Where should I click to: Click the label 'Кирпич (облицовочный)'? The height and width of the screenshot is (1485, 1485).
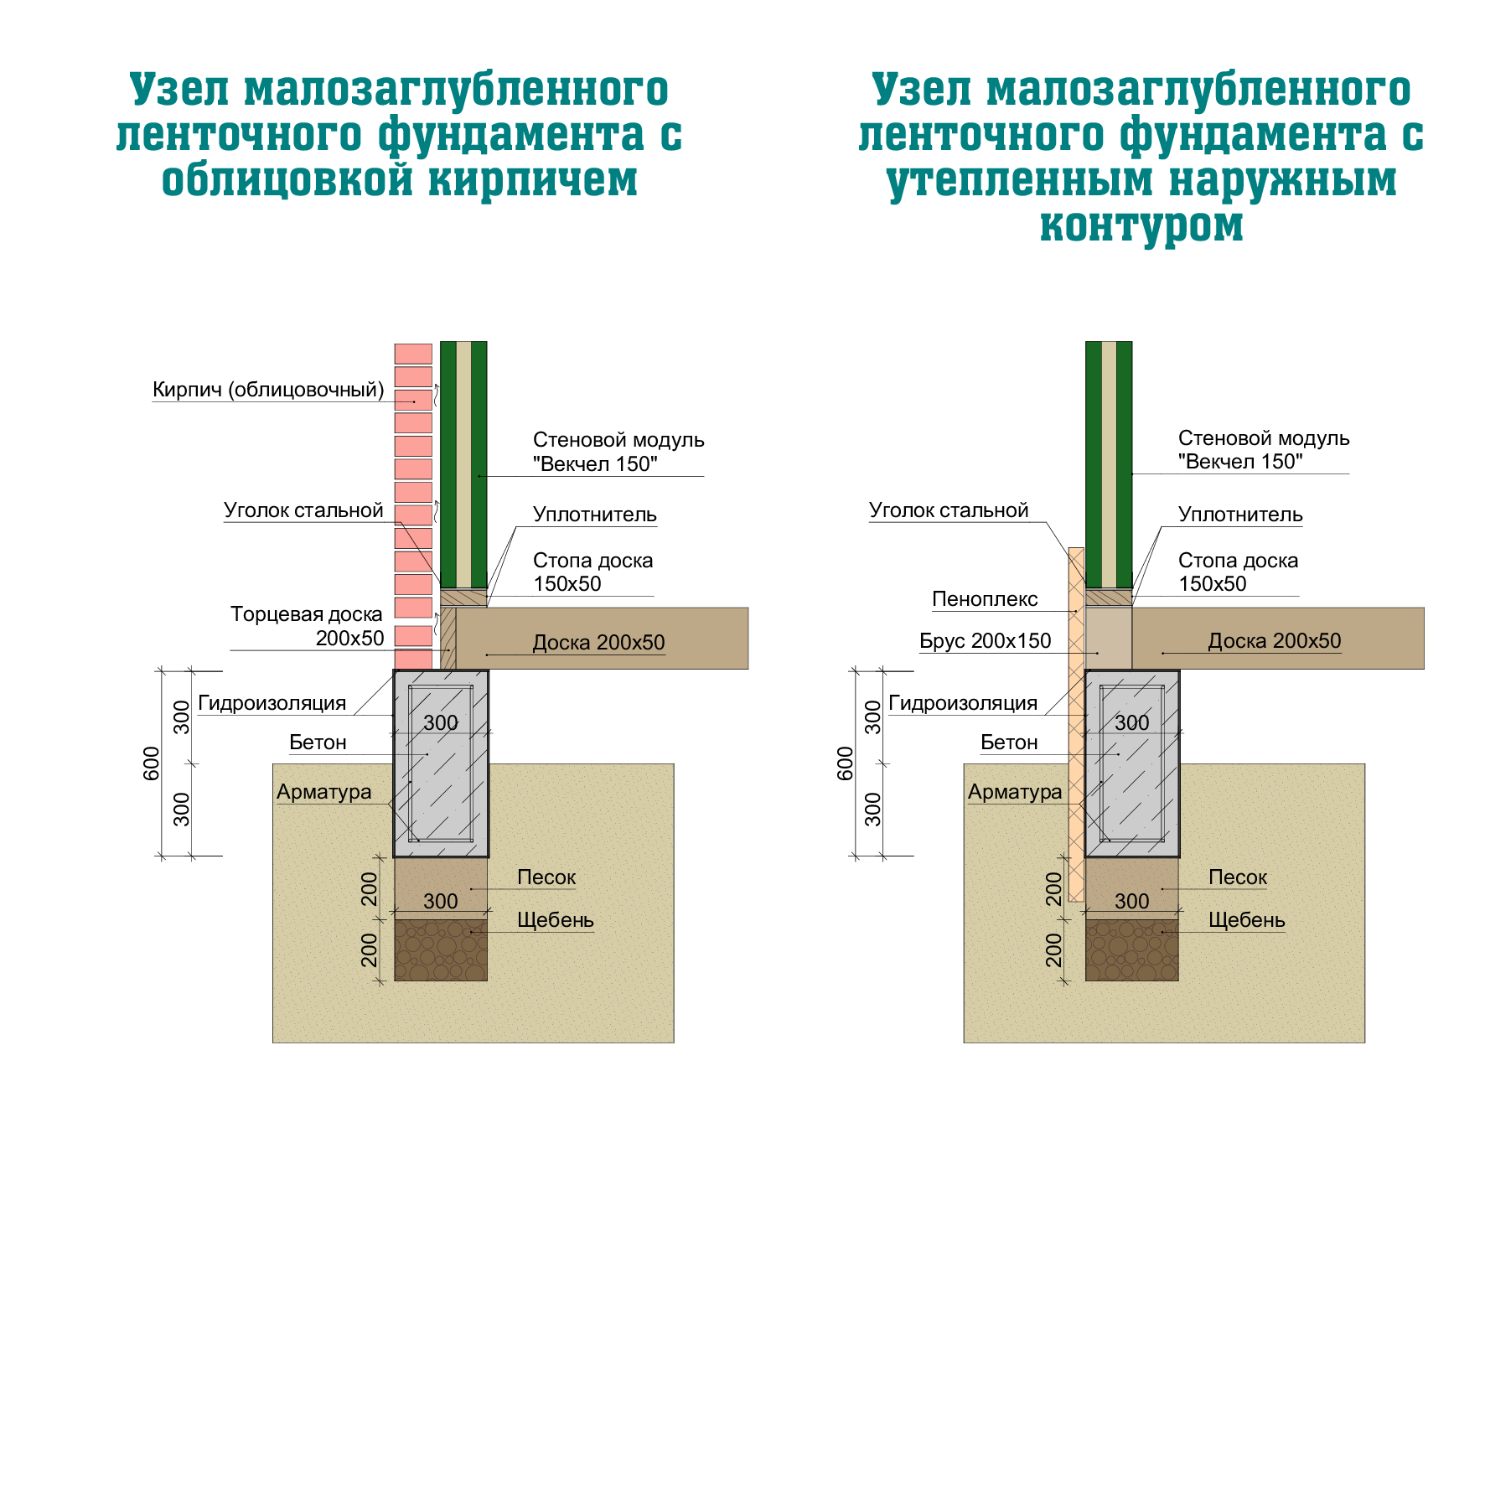point(268,390)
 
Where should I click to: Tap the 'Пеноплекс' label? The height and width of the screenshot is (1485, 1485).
point(985,599)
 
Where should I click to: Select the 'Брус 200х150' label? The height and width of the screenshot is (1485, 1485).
point(985,641)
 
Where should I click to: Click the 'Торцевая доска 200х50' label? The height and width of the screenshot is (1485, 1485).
point(307,626)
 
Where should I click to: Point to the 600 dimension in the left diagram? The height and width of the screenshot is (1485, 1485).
point(152,763)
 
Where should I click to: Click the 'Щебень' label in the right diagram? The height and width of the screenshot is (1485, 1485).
point(1246,920)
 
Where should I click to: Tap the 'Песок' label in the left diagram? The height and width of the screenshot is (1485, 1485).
point(546,877)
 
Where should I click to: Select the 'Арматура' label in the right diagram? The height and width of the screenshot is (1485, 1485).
point(1015,792)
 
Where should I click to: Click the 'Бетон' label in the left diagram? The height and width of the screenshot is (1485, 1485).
point(318,742)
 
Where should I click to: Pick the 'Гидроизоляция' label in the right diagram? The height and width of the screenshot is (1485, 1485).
point(963,703)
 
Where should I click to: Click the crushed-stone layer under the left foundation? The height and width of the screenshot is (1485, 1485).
point(441,950)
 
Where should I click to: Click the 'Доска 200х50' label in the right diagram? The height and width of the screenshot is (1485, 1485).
point(1274,641)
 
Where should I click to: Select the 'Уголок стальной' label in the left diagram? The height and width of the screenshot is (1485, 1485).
point(303,510)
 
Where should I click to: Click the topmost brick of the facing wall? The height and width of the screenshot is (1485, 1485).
point(413,354)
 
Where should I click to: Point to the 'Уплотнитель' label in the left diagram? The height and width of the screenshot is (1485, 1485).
point(595,515)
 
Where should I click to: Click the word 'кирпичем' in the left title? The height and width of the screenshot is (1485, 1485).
point(533,179)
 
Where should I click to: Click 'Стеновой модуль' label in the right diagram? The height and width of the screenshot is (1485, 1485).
point(1264,438)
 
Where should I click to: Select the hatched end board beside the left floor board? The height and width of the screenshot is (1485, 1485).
point(448,639)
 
